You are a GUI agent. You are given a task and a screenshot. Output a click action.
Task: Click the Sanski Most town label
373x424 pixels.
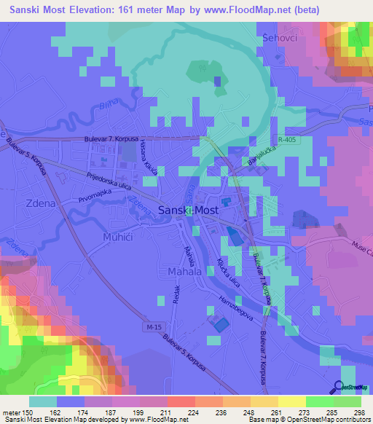click(188, 210)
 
